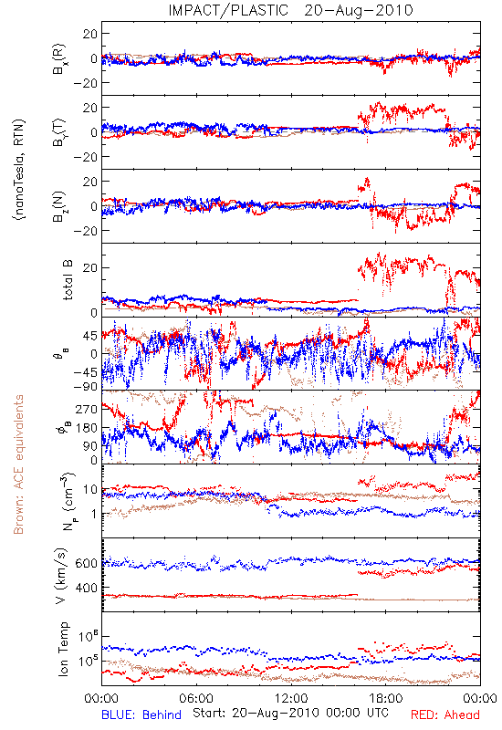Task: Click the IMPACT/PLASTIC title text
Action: pos(228,10)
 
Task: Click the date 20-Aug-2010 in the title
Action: pos(359,10)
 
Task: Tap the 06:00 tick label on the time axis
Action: pos(196,698)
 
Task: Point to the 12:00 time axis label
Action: pos(291,698)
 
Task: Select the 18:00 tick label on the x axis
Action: pos(386,698)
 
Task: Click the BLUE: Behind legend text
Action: pos(141,714)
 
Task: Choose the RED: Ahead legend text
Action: pos(445,714)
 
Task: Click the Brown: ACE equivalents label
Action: pos(18,464)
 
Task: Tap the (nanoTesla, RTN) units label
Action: pos(19,170)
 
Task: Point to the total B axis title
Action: pos(68,280)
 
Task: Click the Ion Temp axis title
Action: pos(63,649)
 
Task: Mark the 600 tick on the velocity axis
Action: pos(87,563)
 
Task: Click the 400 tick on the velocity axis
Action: pos(87,588)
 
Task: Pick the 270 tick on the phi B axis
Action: pos(87,409)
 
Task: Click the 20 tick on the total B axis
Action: pos(90,267)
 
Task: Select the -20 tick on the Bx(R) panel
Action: pos(85,83)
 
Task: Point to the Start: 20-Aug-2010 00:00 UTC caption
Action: pos(290,713)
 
